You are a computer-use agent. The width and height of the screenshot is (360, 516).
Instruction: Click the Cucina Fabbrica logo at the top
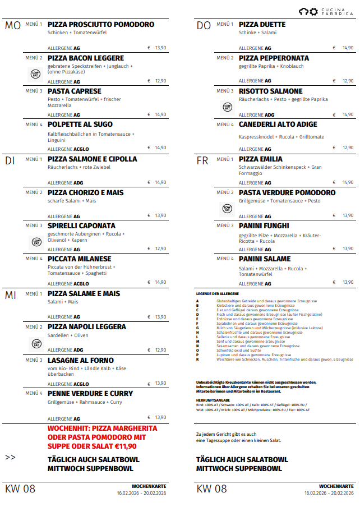325,11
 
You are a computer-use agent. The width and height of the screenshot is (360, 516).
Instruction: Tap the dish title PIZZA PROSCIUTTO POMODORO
101,25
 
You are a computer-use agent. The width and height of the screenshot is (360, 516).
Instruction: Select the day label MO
12,26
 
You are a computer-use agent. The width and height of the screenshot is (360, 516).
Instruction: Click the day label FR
202,161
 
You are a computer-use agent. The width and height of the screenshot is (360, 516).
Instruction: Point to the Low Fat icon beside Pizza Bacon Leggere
36,73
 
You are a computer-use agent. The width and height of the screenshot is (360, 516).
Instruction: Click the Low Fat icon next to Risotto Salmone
227,107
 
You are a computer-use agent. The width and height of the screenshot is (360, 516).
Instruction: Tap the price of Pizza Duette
348,48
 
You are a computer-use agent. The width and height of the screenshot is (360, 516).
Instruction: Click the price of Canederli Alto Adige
348,148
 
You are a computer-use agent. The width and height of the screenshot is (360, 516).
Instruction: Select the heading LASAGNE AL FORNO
81,361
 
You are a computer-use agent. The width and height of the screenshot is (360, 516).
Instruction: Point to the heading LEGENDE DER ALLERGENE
218,294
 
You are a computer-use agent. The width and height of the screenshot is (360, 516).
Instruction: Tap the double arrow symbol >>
10,458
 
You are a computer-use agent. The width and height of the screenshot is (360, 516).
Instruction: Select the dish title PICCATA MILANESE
80,259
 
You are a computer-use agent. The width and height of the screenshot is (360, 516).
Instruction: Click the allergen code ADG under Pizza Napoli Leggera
79,351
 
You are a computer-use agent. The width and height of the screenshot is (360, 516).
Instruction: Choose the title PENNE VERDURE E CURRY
90,394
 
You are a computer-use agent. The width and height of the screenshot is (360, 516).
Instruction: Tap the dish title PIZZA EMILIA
261,159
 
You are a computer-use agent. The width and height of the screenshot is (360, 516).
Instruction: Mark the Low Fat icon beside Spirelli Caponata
36,242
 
